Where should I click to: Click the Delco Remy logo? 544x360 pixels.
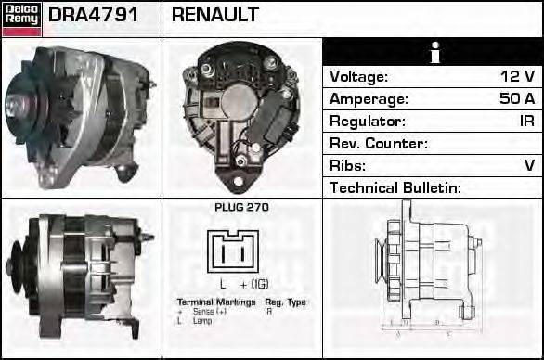(20, 19)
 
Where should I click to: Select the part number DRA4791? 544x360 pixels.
(93, 16)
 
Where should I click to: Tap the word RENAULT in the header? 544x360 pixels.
(214, 16)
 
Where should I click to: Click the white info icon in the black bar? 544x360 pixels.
(432, 52)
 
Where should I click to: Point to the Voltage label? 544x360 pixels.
(358, 77)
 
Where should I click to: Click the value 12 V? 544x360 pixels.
(516, 77)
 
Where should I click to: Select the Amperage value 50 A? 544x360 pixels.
(516, 99)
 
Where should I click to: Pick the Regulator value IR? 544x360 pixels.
(525, 122)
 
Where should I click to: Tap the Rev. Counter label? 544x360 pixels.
(378, 144)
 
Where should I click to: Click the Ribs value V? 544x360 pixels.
(529, 166)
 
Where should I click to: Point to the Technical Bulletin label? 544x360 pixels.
(395, 188)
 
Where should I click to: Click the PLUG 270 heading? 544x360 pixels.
(241, 208)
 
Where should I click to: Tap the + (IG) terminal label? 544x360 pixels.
(254, 283)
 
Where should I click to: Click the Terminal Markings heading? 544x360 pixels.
(215, 302)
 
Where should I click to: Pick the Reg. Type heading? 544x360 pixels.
(285, 302)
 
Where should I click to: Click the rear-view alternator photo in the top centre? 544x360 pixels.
(241, 116)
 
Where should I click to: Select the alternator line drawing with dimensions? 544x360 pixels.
(432, 269)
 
